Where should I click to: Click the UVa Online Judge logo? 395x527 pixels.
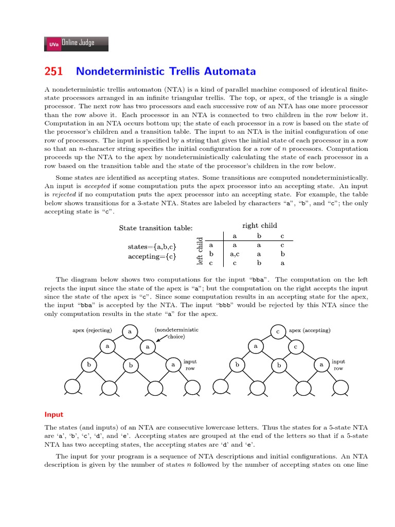tap(77, 44)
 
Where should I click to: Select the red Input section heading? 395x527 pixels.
tap(53, 414)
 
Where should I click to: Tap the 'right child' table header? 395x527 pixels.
tap(260, 225)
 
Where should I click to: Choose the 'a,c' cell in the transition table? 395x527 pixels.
tap(235, 254)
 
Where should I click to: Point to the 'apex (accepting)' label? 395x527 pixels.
tap(310, 330)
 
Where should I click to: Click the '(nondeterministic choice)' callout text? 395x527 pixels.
tap(176, 333)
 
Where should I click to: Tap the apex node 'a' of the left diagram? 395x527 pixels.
tap(130, 332)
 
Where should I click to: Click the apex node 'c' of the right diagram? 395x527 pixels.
tap(278, 332)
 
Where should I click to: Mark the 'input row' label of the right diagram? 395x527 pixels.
tap(338, 365)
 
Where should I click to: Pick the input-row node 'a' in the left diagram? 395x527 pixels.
tap(173, 365)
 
